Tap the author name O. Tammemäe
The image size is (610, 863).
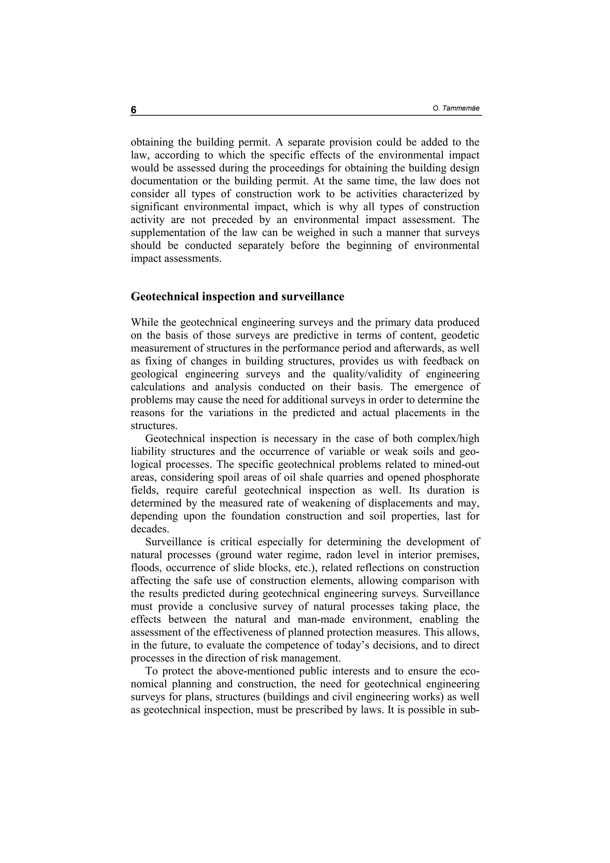click(x=456, y=109)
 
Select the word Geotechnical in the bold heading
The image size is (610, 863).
click(x=165, y=297)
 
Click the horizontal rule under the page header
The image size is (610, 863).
click(x=306, y=115)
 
